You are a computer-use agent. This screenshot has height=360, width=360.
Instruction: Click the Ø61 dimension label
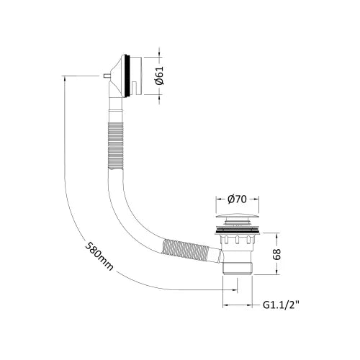[x=159, y=76]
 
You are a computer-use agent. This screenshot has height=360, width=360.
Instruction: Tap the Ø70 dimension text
[x=237, y=199]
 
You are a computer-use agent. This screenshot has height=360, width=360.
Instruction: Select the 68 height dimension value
[x=276, y=254]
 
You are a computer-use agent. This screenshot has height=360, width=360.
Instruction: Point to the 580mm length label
[x=99, y=256]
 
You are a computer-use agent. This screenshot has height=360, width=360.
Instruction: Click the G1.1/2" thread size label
[x=282, y=305]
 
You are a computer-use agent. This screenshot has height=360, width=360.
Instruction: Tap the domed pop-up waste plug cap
[x=238, y=217]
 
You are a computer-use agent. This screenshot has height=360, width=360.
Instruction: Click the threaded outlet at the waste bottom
[x=238, y=268]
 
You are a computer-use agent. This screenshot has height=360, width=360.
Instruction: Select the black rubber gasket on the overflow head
[x=128, y=76]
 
